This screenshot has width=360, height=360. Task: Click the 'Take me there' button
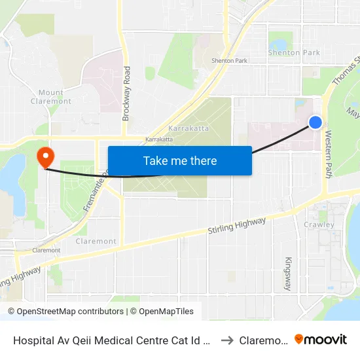coord(179,160)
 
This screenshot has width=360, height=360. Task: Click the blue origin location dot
coord(315,122)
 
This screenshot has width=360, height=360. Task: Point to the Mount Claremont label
coord(51,97)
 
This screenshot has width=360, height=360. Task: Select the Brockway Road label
coord(126,93)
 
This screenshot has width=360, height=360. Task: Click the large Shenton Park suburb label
coord(294,52)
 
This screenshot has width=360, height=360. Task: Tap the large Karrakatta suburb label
coord(189,128)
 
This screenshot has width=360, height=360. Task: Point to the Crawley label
coord(319,225)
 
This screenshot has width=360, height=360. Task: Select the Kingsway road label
coord(288,273)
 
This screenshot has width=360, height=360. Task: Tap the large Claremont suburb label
coord(96,241)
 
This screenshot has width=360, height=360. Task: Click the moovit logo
coord(321,339)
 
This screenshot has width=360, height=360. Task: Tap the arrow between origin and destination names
coord(227,340)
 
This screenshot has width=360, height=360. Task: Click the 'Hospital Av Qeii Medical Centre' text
coord(111,340)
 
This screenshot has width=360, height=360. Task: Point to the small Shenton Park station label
coord(229,61)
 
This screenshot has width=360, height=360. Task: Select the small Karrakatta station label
coord(159,139)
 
